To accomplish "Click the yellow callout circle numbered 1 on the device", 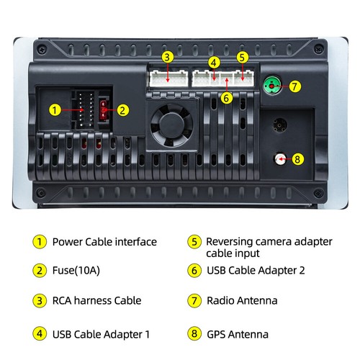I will pyautogui.click(x=55, y=110).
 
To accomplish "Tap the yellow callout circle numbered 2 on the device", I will pyautogui.click(x=123, y=110).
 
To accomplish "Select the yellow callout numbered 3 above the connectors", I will pyautogui.click(x=167, y=57).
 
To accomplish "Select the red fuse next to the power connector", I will pyautogui.click(x=104, y=110).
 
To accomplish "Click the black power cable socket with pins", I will pyautogui.click(x=84, y=110).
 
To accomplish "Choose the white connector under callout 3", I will pyautogui.click(x=167, y=77).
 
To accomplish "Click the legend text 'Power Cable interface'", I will pyautogui.click(x=104, y=242).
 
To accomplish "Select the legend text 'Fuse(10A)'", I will pyautogui.click(x=78, y=271).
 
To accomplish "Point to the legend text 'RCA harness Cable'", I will pyautogui.click(x=96, y=300).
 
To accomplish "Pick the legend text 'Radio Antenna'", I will pyautogui.click(x=241, y=300).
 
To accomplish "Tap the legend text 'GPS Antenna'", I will pyautogui.click(x=237, y=334).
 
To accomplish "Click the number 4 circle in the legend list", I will pyautogui.click(x=38, y=334).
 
